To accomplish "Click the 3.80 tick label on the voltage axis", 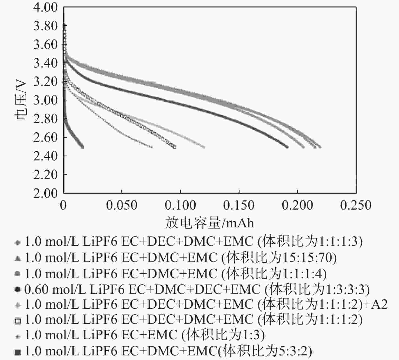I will [45, 26].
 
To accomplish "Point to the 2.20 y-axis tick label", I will [45, 175].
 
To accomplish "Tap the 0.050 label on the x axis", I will [122, 205].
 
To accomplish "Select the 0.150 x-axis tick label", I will [239, 205].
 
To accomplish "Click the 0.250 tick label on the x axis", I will [356, 205].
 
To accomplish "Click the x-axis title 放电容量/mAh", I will [210, 223].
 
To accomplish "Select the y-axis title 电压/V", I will [21, 100].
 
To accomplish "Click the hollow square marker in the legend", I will [18, 321].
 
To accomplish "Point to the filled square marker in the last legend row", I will [18, 352].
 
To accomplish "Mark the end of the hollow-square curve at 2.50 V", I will [175, 147].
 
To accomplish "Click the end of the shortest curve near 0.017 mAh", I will [82, 147].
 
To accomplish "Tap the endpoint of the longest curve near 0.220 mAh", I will [320, 147].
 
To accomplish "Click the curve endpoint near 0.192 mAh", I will [287, 147].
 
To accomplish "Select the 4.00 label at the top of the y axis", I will [45, 7].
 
